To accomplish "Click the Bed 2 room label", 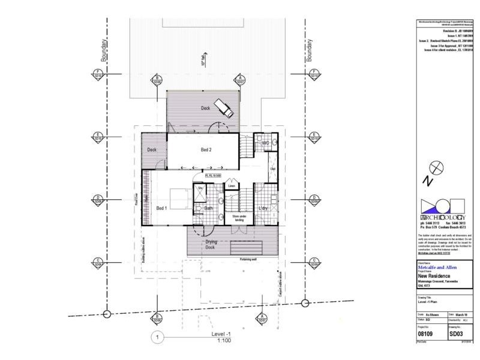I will point(205,149).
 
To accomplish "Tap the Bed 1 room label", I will point(161,208).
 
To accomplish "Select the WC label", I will point(265,143).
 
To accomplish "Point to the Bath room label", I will point(209,208).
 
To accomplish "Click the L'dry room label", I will point(262,208).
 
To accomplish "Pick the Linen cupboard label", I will point(214,186).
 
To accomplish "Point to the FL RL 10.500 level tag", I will point(213,176).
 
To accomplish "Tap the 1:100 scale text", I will point(223,340).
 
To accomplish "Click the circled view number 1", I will point(157,337).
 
